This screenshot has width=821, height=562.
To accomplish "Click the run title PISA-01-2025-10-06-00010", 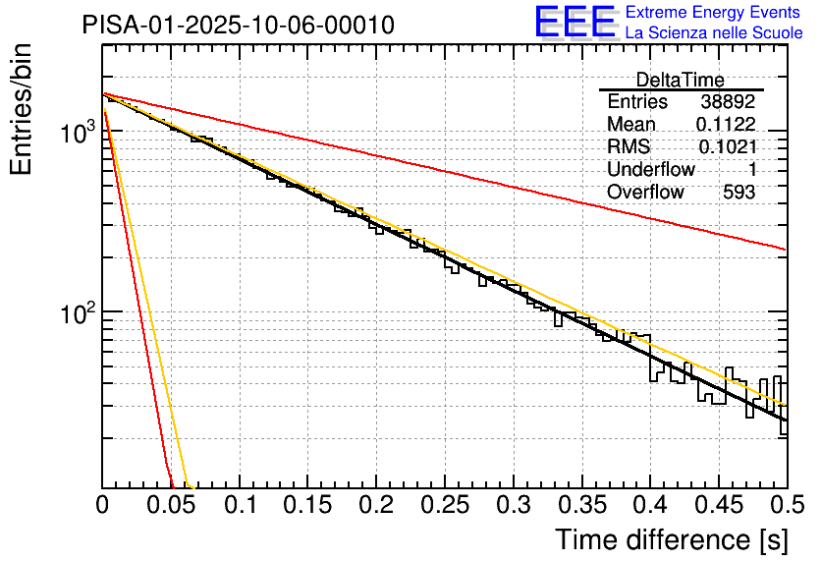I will (239, 25).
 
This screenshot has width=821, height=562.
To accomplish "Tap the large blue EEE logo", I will (575, 22).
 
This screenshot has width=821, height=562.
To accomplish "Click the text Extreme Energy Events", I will (714, 13).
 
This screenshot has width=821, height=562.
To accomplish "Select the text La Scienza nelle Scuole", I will (714, 33).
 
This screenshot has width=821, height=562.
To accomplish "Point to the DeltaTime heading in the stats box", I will (681, 80).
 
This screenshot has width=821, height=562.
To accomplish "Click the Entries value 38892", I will (728, 102).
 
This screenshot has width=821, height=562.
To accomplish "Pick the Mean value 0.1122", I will (726, 125).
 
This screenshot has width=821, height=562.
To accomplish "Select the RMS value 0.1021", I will (727, 147).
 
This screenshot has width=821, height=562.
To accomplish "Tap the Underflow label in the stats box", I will (651, 170).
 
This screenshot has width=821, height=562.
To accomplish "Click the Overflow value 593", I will (739, 193).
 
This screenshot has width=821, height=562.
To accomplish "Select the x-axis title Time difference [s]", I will (672, 539).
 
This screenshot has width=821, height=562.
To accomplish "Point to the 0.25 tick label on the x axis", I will (444, 506).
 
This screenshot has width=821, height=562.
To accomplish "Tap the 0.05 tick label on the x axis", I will (171, 506).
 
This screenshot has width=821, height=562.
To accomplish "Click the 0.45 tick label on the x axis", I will (717, 506).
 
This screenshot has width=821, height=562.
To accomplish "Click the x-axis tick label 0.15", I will (307, 506).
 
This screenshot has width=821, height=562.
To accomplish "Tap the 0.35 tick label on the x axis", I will (580, 506).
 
